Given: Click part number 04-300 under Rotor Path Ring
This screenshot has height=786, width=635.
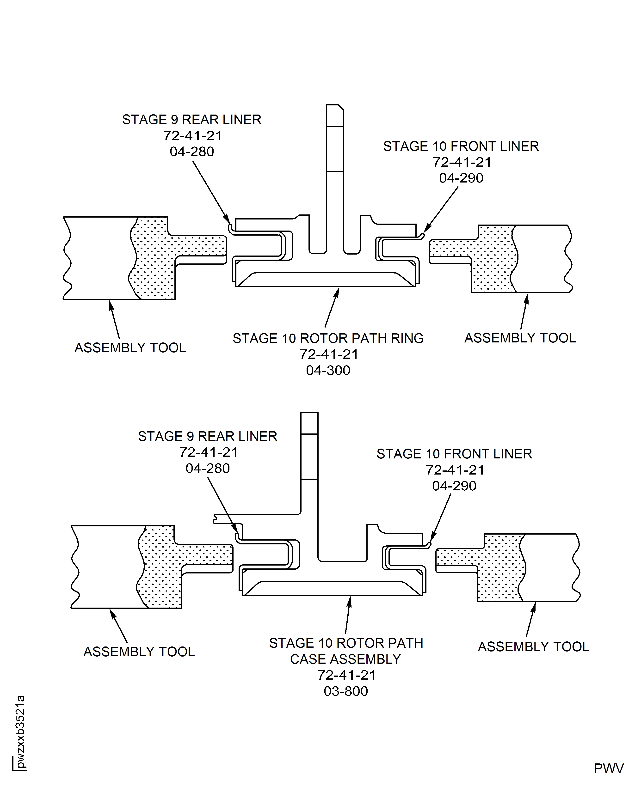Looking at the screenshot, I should tap(328, 370).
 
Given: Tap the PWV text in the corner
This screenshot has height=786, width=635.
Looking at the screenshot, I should tap(609, 768).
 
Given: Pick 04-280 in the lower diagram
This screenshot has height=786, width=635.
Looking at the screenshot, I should tap(207, 468).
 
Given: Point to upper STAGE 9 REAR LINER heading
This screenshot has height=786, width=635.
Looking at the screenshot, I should tap(192, 120).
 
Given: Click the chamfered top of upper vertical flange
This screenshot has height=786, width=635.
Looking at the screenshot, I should tap(335, 110).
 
